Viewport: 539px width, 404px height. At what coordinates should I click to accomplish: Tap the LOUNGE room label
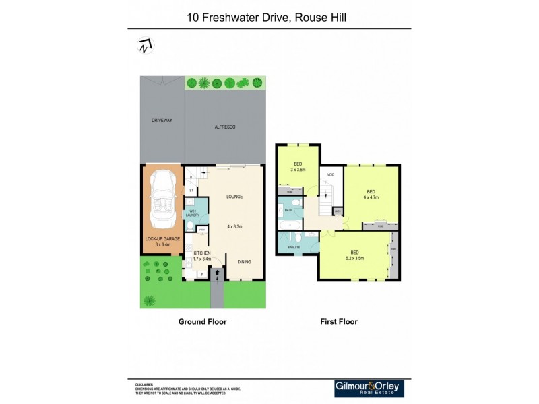234,197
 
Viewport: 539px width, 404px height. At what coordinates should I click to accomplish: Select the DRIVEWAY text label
162,120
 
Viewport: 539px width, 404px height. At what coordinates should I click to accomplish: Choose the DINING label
244,261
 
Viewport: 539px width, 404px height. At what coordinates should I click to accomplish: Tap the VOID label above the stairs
330,174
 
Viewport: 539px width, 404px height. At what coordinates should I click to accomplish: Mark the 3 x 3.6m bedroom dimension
297,170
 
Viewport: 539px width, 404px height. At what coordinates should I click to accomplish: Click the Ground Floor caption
202,322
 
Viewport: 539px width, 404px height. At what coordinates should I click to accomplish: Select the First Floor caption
338,322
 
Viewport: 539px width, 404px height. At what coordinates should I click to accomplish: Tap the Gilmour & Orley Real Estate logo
372,388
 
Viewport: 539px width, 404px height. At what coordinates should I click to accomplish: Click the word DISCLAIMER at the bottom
144,384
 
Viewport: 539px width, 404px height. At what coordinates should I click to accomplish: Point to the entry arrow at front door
216,273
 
